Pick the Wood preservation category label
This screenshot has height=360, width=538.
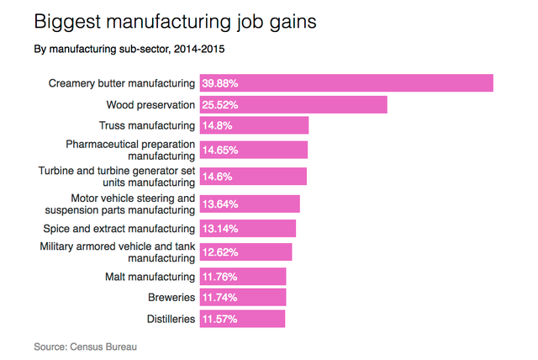click(x=150, y=104)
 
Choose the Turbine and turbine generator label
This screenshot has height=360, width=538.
click(x=118, y=177)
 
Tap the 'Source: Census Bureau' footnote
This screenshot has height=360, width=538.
click(x=84, y=346)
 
